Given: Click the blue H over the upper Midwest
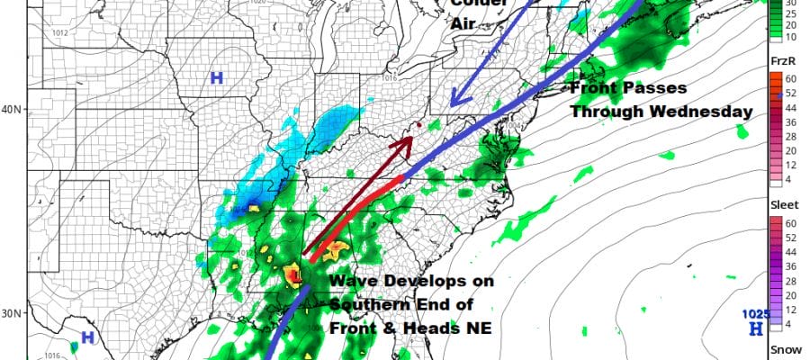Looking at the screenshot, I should click(x=217, y=78).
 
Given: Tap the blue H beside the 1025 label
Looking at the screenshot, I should click(x=756, y=330).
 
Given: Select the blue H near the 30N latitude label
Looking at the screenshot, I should click(x=87, y=338).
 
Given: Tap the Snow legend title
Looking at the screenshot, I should click(x=780, y=351).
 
